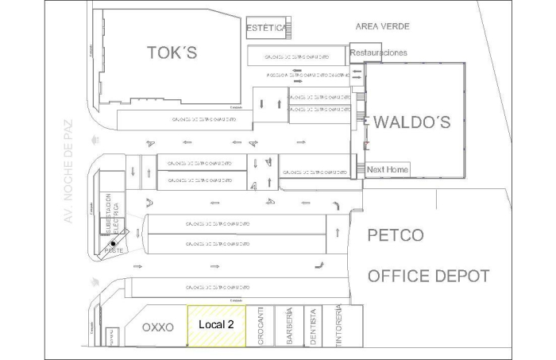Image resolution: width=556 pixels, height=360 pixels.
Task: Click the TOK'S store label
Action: (172, 53)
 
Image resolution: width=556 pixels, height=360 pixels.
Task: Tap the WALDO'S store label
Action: (411, 122)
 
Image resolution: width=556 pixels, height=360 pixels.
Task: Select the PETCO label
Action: (395, 235)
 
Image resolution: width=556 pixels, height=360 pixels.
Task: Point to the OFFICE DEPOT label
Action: (428, 277)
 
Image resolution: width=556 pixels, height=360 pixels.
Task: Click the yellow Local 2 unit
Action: (216, 325)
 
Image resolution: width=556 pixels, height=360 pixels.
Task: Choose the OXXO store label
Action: (157, 327)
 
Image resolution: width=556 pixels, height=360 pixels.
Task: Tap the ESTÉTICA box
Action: (267, 28)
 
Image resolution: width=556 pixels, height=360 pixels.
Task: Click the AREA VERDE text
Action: (382, 26)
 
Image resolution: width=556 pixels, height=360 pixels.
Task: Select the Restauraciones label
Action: (379, 53)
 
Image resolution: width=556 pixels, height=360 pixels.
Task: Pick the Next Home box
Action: (387, 169)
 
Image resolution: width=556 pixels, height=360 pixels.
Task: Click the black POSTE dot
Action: (114, 244)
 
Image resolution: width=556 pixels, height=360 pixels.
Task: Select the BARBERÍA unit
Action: (290, 326)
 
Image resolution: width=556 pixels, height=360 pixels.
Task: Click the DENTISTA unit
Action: (314, 326)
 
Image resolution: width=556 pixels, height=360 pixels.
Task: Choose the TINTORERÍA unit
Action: (338, 324)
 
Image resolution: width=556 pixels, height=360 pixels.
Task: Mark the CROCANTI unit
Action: (260, 326)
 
